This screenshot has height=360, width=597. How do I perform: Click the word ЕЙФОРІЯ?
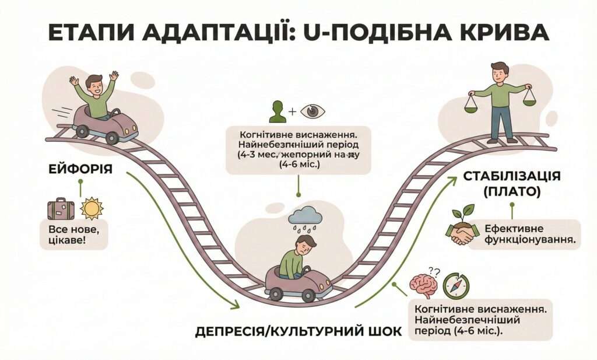(x=79, y=170)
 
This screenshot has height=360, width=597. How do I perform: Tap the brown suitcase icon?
(x=61, y=208)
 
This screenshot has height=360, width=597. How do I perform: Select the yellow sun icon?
(x=92, y=208)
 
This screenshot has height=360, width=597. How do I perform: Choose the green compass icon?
(x=455, y=286)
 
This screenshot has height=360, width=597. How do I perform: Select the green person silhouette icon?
(x=278, y=111)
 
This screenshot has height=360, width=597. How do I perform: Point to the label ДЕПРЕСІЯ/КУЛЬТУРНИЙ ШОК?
(x=298, y=331)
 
